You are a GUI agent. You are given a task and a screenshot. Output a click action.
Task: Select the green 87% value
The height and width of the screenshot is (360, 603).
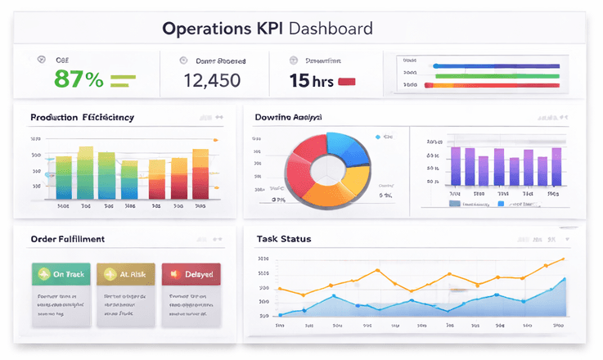pyautogui.click(x=79, y=79)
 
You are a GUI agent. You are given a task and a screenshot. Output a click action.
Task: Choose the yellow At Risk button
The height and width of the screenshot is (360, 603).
pyautogui.click(x=125, y=274)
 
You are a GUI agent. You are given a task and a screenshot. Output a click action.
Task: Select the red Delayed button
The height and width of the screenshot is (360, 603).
pyautogui.click(x=191, y=274)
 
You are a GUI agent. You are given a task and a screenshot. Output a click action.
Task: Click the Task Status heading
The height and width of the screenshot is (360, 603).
pyautogui.click(x=283, y=239)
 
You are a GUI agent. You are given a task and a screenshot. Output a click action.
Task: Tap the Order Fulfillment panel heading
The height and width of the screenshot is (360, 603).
pyautogui.click(x=67, y=239)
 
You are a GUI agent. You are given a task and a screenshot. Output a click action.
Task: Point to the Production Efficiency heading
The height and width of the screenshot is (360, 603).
pyautogui.click(x=82, y=117)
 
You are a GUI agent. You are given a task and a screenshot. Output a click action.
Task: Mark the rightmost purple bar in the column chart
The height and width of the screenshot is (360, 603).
pyautogui.click(x=556, y=167)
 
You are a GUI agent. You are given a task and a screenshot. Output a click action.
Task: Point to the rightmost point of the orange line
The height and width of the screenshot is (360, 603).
pyautogui.click(x=564, y=259)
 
